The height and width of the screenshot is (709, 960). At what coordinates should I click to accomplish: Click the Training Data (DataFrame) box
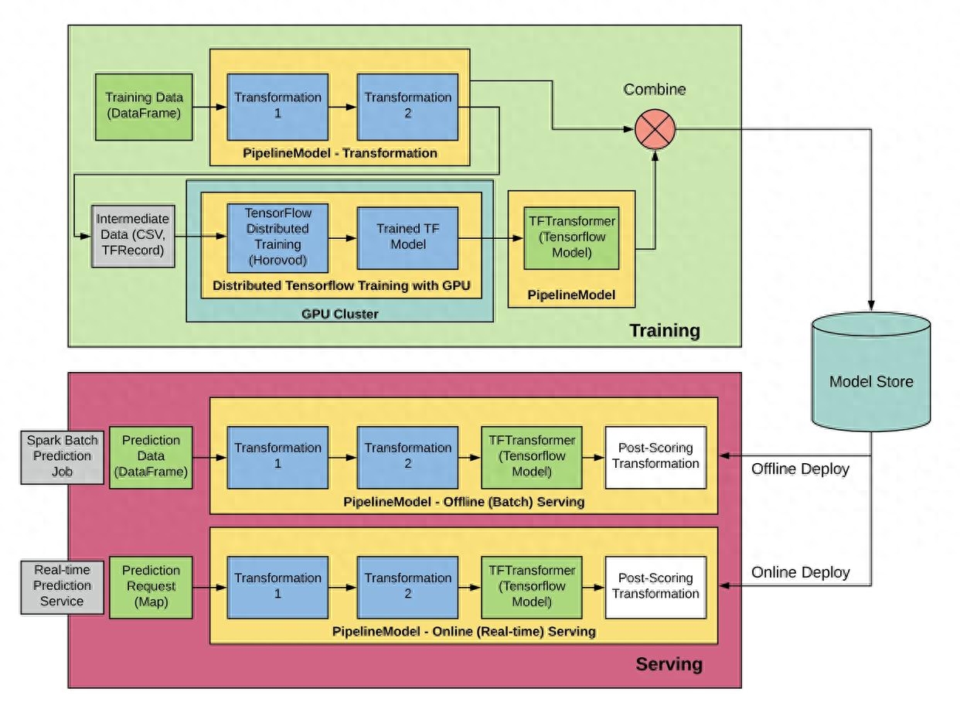tap(144, 106)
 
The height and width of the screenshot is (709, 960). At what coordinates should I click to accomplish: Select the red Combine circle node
tap(655, 128)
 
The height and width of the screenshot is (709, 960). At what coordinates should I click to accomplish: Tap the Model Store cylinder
tap(871, 380)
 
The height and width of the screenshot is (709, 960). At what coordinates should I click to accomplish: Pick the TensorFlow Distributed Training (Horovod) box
tap(277, 236)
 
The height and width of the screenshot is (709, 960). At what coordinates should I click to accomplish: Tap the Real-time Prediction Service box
tap(62, 587)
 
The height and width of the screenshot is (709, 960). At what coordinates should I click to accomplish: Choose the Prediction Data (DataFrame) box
tap(150, 456)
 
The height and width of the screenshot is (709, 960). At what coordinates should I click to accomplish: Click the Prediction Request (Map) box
tap(150, 587)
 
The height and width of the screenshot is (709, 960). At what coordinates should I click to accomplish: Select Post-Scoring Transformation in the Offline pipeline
tap(655, 456)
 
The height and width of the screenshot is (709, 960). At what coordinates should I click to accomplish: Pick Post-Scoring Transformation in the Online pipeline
tap(655, 587)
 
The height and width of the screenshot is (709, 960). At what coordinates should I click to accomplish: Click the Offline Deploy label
tap(800, 469)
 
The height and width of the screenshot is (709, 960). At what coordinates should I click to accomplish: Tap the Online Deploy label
tap(800, 573)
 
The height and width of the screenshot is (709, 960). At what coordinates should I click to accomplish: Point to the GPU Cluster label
tap(340, 314)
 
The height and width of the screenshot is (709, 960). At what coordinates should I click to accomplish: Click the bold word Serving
tap(669, 664)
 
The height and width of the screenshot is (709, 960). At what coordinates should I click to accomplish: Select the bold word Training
tap(665, 332)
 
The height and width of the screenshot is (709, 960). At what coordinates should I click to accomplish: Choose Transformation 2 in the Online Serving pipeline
tap(407, 587)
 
